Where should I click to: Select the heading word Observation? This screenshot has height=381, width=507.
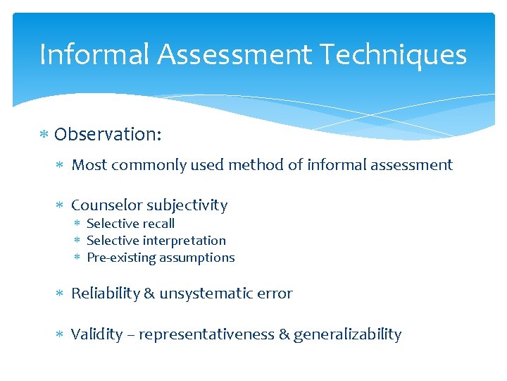tap(108, 134)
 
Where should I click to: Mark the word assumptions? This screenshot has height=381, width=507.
tap(197, 258)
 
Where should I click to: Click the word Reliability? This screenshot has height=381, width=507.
tap(105, 294)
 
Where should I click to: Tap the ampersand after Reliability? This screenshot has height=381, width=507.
tap(149, 294)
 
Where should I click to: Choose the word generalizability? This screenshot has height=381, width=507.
tap(347, 334)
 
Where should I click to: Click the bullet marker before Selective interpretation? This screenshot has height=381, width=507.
tap(80, 241)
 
